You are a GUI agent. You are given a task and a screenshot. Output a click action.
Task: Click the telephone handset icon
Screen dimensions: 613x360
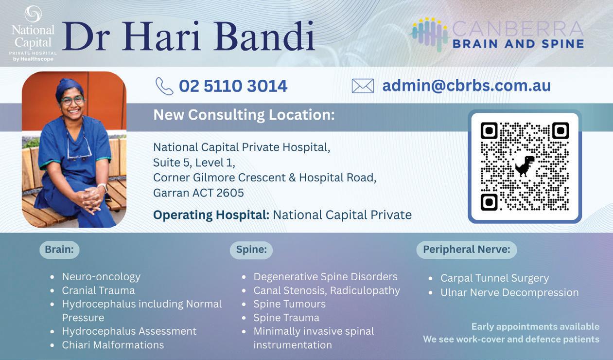click(x=164, y=86)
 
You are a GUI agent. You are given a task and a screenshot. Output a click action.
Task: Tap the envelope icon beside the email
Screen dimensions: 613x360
click(x=363, y=86)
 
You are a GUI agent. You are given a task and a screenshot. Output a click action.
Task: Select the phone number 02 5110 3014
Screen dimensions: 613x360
click(x=233, y=86)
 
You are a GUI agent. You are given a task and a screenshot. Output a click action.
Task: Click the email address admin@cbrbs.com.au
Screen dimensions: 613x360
click(x=466, y=86)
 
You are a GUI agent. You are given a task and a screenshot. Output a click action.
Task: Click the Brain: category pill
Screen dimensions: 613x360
click(x=59, y=250)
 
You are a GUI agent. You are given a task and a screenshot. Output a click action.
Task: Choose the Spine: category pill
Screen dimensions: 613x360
click(x=251, y=250)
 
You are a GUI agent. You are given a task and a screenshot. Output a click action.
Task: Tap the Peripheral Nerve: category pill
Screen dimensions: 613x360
click(x=467, y=250)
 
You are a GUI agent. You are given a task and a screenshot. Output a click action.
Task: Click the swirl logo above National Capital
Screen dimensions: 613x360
click(x=33, y=14)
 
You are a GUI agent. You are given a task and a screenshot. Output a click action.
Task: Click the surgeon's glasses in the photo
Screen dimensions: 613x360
click(x=72, y=101)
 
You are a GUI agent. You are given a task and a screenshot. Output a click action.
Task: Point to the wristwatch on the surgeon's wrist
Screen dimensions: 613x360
click(x=103, y=187)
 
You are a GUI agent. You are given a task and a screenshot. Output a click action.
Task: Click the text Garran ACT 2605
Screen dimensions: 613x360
click(x=198, y=193)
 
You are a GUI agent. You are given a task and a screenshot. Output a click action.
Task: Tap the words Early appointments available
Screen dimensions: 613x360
click(x=535, y=326)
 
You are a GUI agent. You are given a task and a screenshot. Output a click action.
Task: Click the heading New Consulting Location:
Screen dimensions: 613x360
click(x=244, y=115)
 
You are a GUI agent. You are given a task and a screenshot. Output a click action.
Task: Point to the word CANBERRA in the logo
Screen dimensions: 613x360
click(x=518, y=29)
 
